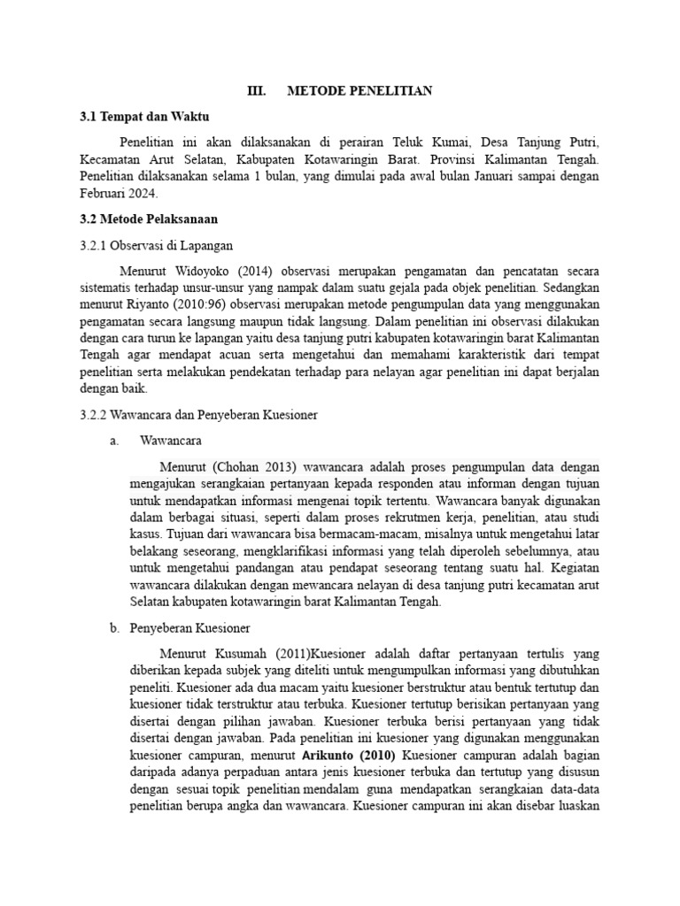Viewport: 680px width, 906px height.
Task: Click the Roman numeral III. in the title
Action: pos(256,91)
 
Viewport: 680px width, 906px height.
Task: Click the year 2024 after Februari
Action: pos(142,194)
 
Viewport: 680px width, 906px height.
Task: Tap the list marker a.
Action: pos(114,440)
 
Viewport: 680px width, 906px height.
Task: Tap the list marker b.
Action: pos(114,629)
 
